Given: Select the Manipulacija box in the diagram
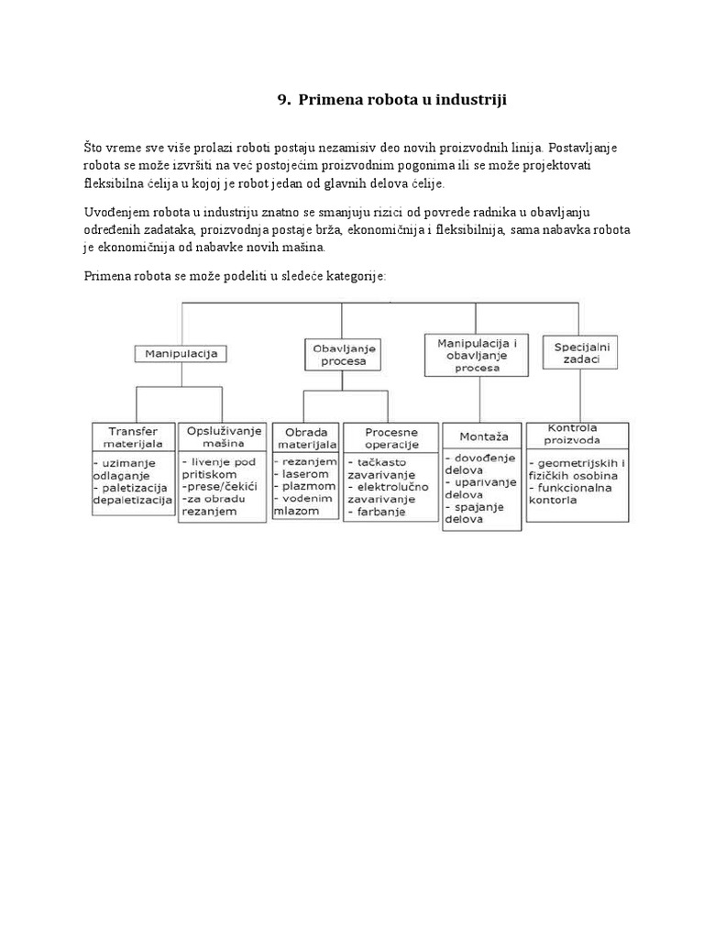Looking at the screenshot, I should pyautogui.click(x=181, y=352).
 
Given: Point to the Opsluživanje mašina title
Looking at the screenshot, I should pyautogui.click(x=224, y=437).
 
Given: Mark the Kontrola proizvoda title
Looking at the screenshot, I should pyautogui.click(x=577, y=434).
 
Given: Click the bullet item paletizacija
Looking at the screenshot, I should pyautogui.click(x=133, y=487).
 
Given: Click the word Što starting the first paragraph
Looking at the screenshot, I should pyautogui.click(x=93, y=148).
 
